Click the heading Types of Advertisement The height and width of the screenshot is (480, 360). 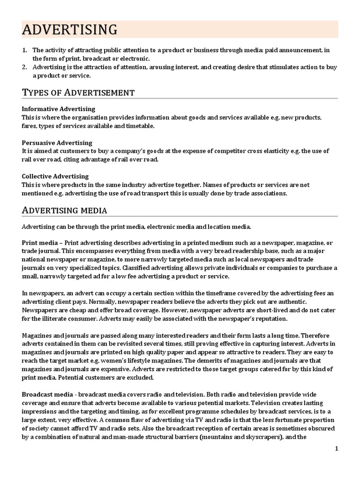click(x=78, y=92)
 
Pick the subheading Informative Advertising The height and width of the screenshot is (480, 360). click(x=59, y=109)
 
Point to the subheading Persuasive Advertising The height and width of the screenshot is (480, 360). click(x=57, y=142)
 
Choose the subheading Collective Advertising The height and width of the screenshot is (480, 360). click(x=55, y=176)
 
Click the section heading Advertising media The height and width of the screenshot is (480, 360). click(x=65, y=210)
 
